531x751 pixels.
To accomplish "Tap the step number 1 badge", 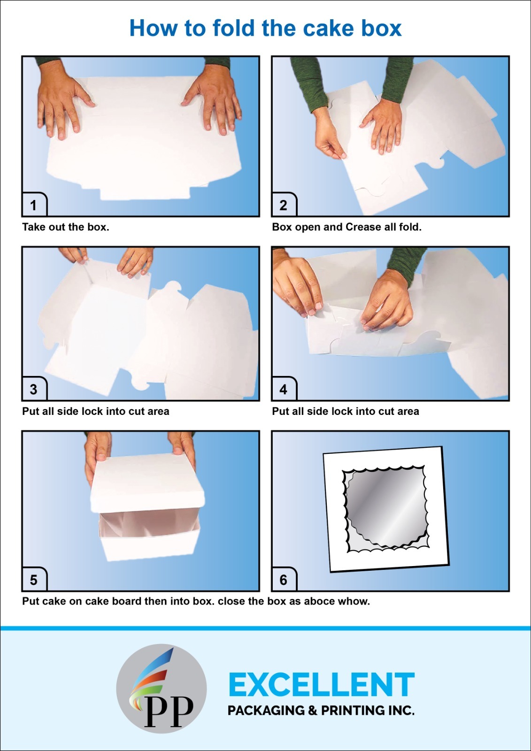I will click(x=34, y=205).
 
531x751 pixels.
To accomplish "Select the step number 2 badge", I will click(x=283, y=205).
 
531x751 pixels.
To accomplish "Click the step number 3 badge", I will click(x=34, y=390).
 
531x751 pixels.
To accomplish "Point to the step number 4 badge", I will click(x=283, y=390).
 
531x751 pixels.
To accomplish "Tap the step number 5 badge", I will click(x=34, y=580).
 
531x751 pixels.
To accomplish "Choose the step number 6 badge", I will click(x=283, y=580).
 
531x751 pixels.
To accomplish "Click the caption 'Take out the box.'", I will click(x=65, y=227).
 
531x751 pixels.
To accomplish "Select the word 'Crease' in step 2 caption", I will click(x=363, y=227).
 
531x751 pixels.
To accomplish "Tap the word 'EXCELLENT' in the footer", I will click(x=322, y=685).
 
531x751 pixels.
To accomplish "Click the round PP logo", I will click(x=162, y=689).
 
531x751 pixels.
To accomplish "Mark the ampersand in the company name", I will click(x=313, y=711).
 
